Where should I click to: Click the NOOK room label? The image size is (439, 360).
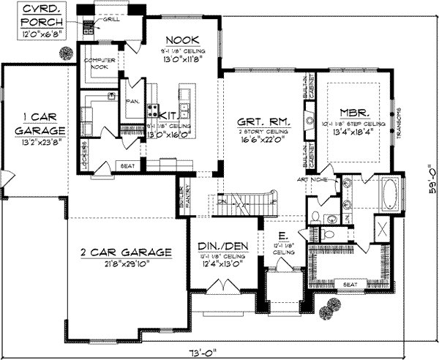pos(179,40)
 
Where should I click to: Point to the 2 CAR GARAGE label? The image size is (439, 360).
pos(126,252)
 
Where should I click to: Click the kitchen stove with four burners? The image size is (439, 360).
pos(154,112)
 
